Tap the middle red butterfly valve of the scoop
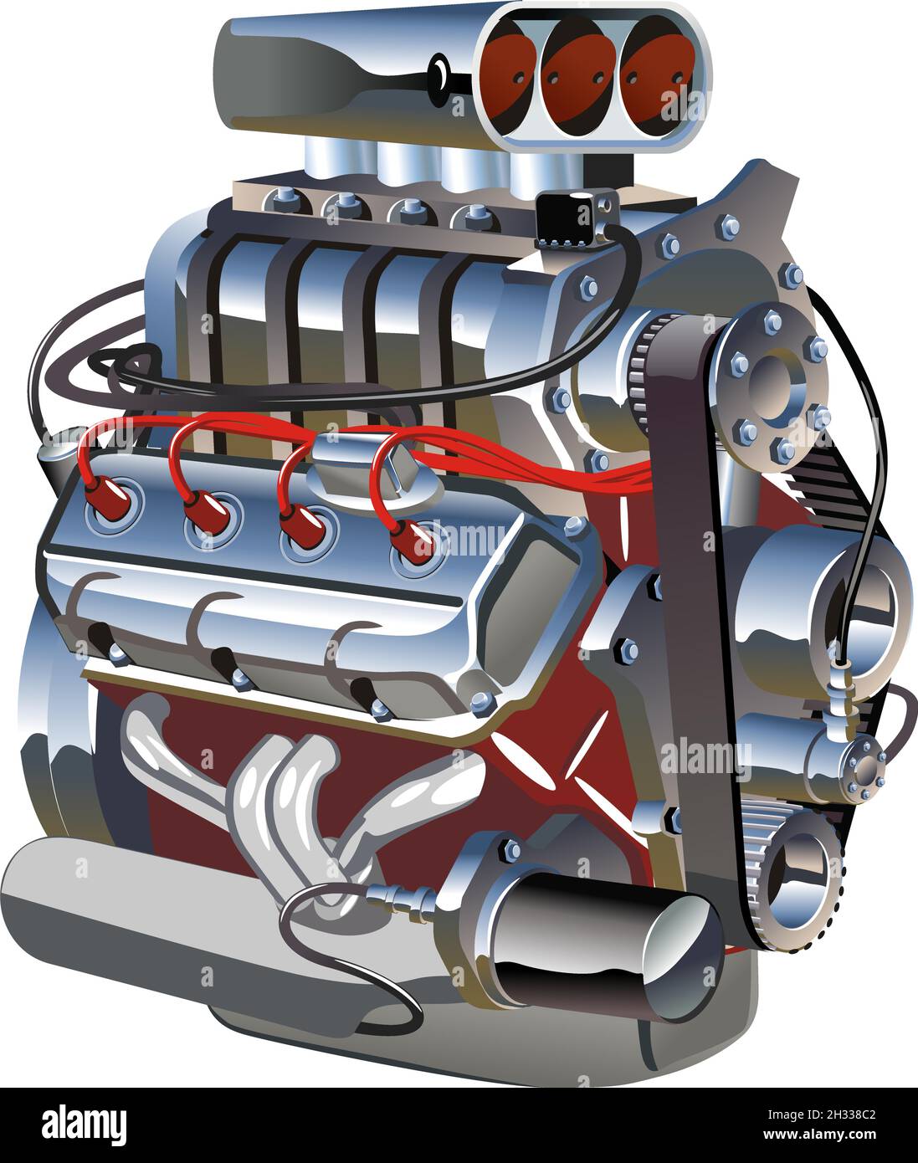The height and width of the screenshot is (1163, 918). (x=576, y=74)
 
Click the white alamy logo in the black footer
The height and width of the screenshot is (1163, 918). (x=85, y=1122)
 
